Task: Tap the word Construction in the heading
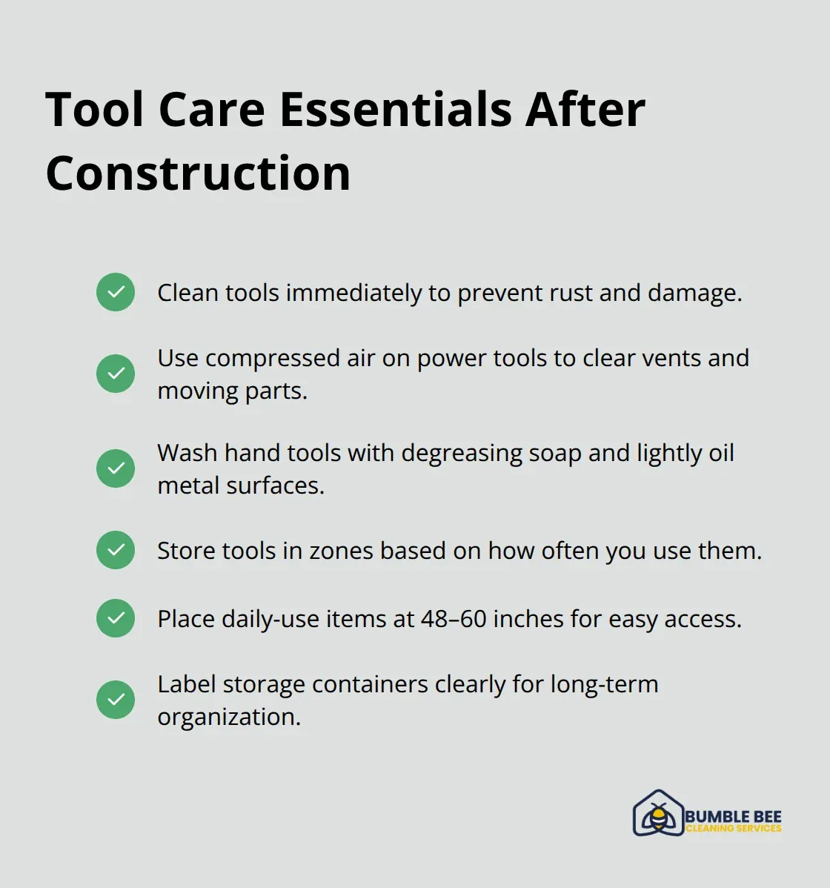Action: (198, 173)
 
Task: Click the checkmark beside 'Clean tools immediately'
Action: (116, 292)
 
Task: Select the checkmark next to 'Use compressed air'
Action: (116, 373)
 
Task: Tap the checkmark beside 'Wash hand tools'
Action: (116, 468)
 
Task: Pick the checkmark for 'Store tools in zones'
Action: (116, 550)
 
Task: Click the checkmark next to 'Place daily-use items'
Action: (116, 618)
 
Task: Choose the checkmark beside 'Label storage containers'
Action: (116, 700)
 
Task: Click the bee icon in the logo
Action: (658, 816)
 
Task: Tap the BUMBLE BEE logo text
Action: (733, 816)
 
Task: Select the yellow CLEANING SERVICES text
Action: (733, 829)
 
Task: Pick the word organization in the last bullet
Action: (228, 718)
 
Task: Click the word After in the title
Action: (585, 110)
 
